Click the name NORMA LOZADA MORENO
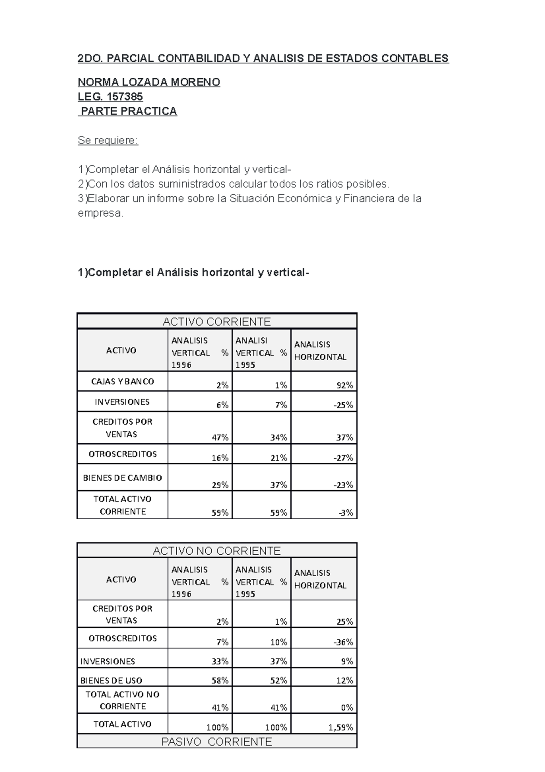[149, 82]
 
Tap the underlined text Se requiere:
[108, 140]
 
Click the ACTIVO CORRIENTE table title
[217, 322]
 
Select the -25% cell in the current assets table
[343, 405]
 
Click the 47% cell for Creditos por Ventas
[220, 437]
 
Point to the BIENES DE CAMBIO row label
[122, 478]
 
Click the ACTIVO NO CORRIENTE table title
[217, 551]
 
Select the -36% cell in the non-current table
[343, 642]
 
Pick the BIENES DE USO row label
[111, 681]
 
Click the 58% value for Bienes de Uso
[220, 681]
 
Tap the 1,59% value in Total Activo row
[341, 727]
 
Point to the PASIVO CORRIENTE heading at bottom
[217, 742]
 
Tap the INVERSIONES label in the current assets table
[122, 402]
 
